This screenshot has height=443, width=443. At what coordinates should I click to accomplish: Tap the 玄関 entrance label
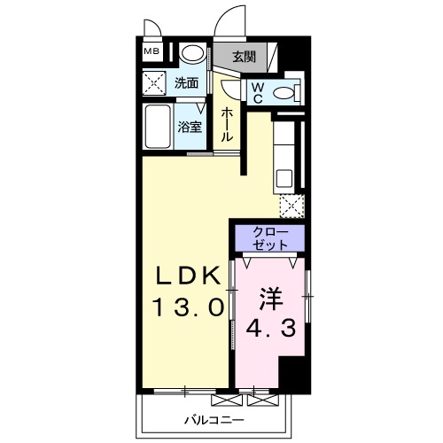pyautogui.click(x=244, y=57)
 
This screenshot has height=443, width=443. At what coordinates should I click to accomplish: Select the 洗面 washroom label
pyautogui.click(x=186, y=84)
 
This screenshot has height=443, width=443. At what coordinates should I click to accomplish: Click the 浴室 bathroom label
pyautogui.click(x=190, y=127)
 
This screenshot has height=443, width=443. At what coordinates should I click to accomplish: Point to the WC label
pyautogui.click(x=256, y=92)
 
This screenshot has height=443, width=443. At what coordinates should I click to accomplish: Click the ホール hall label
pyautogui.click(x=227, y=124)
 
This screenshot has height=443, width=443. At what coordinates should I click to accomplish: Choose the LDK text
pyautogui.click(x=187, y=277)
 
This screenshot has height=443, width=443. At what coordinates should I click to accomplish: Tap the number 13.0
pyautogui.click(x=187, y=309)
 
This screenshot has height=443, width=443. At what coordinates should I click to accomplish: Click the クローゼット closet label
pyautogui.click(x=268, y=237)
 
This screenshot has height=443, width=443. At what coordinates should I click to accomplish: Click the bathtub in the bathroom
pyautogui.click(x=159, y=128)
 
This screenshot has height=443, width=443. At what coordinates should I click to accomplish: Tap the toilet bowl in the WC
pyautogui.click(x=283, y=92)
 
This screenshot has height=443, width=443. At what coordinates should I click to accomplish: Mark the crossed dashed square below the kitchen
pyautogui.click(x=291, y=206)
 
